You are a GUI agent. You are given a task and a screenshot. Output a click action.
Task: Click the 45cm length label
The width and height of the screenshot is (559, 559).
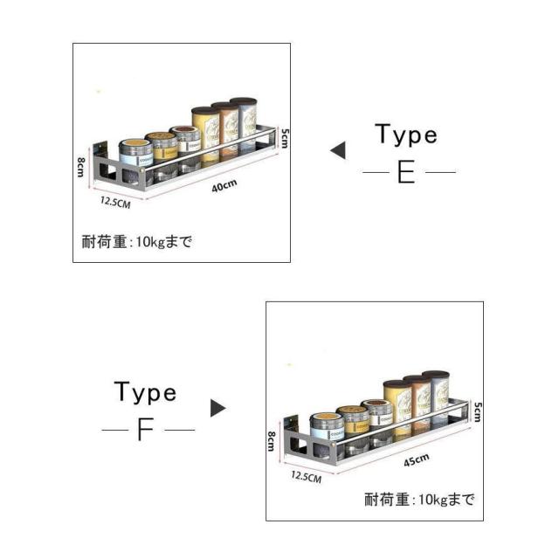(416, 459)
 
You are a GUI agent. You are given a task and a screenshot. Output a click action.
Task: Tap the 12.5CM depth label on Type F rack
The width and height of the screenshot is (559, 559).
(307, 477)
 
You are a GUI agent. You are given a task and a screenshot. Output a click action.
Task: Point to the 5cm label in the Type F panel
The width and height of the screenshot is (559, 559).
(477, 411)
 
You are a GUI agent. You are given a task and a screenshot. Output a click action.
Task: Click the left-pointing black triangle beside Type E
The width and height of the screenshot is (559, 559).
(337, 151)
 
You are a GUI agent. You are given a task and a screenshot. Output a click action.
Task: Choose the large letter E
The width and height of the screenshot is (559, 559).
(406, 172)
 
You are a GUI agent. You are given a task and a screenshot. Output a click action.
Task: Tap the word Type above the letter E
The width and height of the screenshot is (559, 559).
(405, 135)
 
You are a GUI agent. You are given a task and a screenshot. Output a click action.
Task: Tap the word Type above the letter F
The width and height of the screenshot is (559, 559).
(145, 393)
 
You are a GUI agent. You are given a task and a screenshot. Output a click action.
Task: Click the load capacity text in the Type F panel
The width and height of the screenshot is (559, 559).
(419, 500)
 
